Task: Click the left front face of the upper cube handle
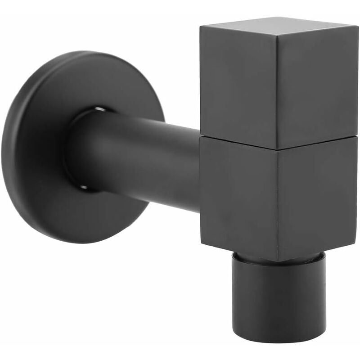coord(238,85)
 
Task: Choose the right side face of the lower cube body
coord(317,198)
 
